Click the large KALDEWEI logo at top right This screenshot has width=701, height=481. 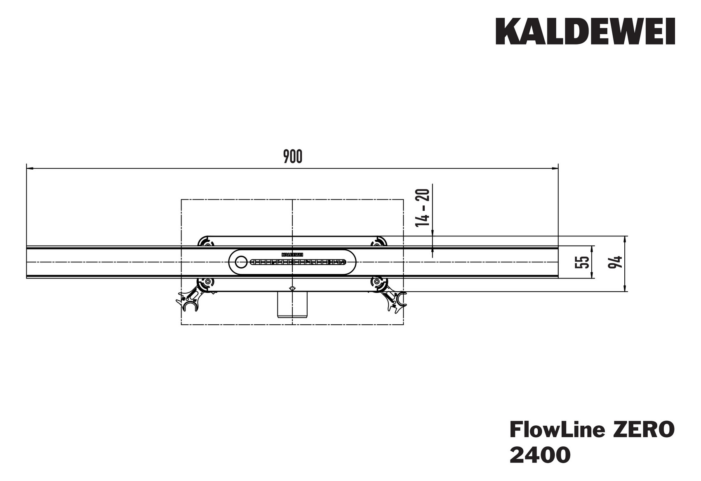585,32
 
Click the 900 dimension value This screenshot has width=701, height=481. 292,157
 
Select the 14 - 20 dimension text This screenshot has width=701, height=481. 423,207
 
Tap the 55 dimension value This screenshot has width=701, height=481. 582,262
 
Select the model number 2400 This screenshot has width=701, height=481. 540,455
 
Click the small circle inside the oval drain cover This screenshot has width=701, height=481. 240,261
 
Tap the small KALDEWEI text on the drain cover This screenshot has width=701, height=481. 292,255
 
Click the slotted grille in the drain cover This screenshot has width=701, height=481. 297,262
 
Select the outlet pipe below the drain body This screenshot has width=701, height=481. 292,304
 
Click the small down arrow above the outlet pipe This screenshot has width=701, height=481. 292,289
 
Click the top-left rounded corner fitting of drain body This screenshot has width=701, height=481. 205,242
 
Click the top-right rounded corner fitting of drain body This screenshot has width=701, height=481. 379,242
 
